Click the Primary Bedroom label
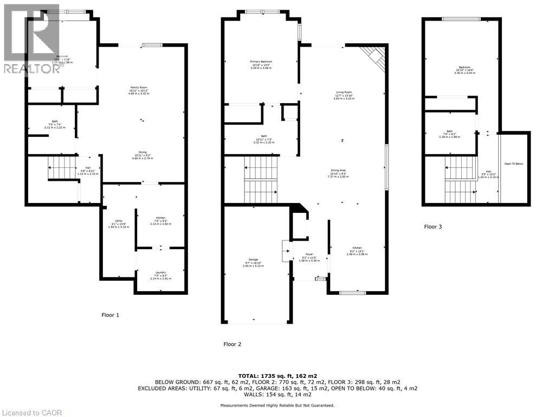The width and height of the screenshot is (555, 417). [x=261, y=65]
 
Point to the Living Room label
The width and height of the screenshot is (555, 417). [x=344, y=96]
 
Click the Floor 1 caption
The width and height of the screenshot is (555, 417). [x=110, y=315]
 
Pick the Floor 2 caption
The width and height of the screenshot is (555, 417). [x=233, y=344]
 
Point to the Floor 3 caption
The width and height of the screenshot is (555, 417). [x=433, y=227]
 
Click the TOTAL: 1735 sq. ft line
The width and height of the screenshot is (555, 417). [x=277, y=375]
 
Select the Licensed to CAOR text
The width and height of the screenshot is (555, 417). [x=31, y=412]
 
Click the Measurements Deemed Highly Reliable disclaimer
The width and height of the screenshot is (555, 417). [x=277, y=405]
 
